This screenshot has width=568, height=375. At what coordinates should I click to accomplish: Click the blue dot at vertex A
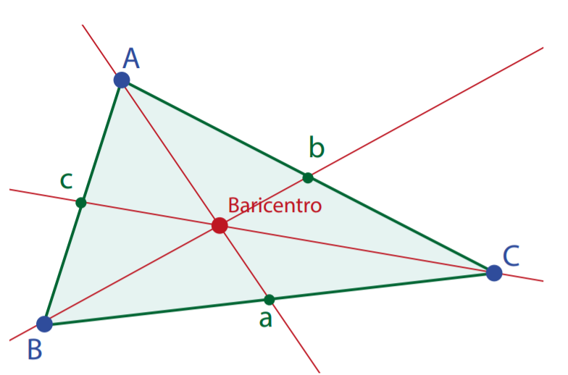(122, 80)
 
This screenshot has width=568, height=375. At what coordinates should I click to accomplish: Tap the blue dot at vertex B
(44, 324)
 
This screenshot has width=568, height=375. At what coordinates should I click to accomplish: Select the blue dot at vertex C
(494, 273)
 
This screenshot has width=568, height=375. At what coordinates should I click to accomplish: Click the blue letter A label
(131, 58)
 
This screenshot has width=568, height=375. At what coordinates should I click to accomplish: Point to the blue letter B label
(35, 350)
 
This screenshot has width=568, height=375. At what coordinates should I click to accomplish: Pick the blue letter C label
(511, 256)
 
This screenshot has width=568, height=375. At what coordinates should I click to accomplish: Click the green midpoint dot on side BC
(270, 299)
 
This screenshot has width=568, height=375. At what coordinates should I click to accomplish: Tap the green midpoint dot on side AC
(308, 177)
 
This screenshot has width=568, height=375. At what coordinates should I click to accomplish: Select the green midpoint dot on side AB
(81, 203)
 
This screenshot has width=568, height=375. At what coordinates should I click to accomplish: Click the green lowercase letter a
(266, 319)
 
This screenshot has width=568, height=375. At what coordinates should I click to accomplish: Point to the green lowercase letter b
(317, 148)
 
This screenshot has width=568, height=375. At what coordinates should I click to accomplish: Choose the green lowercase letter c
(66, 180)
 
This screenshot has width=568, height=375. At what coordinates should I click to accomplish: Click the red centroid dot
(220, 226)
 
